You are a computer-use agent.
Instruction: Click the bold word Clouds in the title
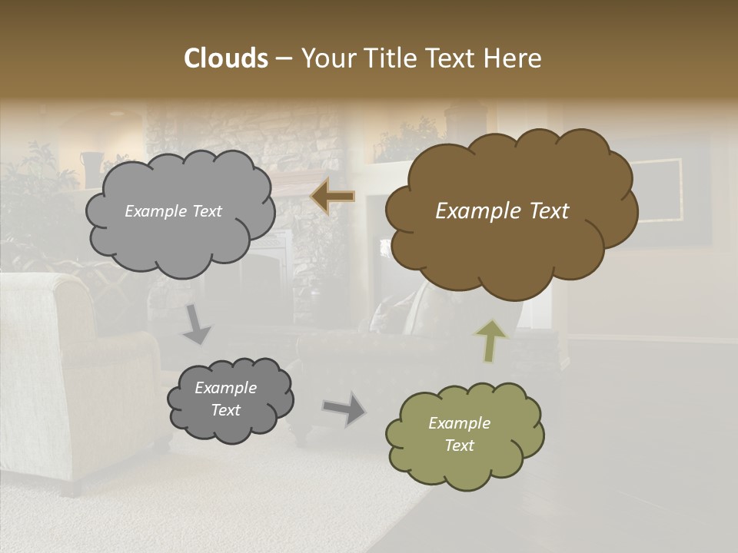pos(225,58)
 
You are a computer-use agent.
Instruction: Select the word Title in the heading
pos(390,58)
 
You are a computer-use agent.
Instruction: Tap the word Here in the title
pos(516,58)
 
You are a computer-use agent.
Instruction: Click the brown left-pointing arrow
pos(332,197)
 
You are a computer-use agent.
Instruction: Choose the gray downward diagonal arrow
pos(197,325)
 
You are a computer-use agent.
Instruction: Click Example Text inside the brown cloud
pos(502,211)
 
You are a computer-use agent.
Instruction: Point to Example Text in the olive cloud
pos(459,434)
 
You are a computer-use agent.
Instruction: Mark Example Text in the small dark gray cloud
pos(225,399)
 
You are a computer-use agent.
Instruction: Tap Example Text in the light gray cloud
pos(173,211)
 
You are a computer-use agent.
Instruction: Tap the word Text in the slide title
pos(455,58)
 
